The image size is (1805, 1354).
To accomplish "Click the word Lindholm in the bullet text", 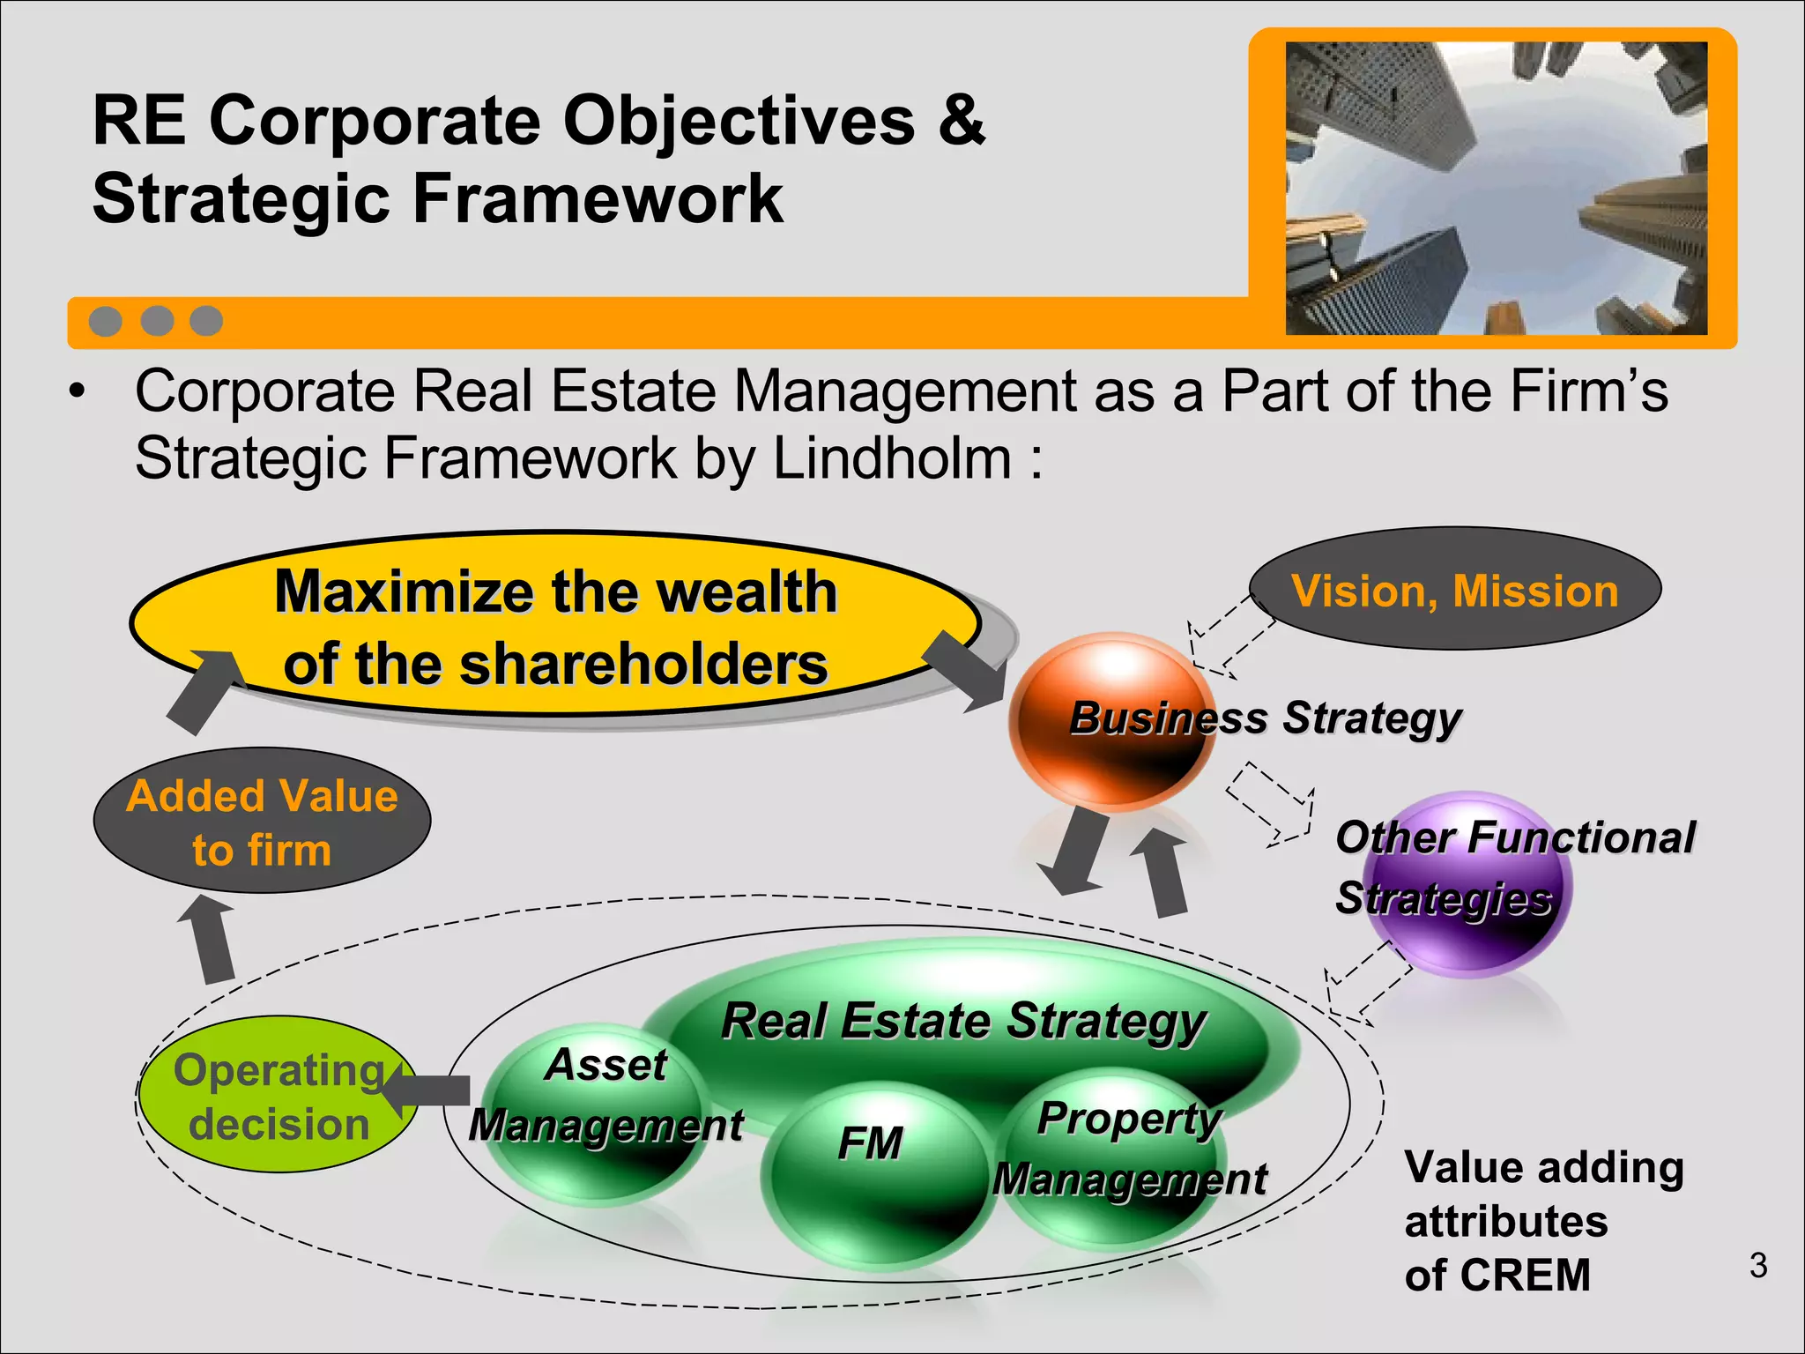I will (891, 458).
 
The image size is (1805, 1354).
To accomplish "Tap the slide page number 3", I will (1757, 1265).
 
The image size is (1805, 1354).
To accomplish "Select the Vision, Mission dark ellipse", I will (1455, 590).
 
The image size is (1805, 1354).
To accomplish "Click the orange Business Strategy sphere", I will (1112, 721).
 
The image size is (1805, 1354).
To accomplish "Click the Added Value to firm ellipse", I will (262, 822).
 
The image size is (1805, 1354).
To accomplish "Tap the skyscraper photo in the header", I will (1496, 188).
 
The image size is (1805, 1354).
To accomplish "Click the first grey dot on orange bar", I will (106, 321).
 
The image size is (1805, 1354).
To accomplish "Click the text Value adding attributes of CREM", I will (1542, 1221).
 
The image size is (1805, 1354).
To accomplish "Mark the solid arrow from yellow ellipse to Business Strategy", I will (966, 670).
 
